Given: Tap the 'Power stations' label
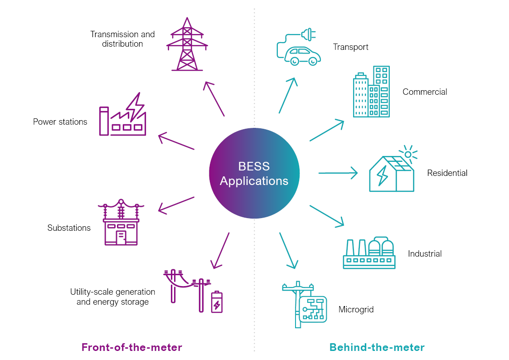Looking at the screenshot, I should (60, 122).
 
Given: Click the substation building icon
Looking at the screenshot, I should (121, 223).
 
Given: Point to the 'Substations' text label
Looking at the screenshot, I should (69, 228).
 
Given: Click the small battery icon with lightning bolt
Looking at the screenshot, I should (217, 302).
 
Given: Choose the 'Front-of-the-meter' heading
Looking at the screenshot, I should (132, 348).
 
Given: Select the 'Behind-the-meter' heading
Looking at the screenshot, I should (377, 348).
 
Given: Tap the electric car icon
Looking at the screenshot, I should (299, 50).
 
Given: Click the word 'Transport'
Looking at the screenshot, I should (350, 47).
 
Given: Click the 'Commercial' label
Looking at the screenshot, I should (425, 92).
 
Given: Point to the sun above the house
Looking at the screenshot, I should (408, 154).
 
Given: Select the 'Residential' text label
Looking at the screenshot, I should (447, 173).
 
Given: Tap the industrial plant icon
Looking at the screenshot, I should (369, 253).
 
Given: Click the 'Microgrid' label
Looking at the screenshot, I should (356, 310).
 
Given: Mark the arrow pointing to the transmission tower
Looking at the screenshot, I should (214, 98).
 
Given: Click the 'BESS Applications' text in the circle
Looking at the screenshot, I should (254, 174).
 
